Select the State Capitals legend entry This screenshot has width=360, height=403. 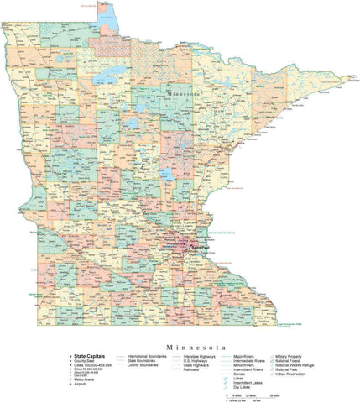click(x=73, y=356)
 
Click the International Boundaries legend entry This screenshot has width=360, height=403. click(x=148, y=356)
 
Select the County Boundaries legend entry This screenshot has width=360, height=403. click(x=144, y=365)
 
